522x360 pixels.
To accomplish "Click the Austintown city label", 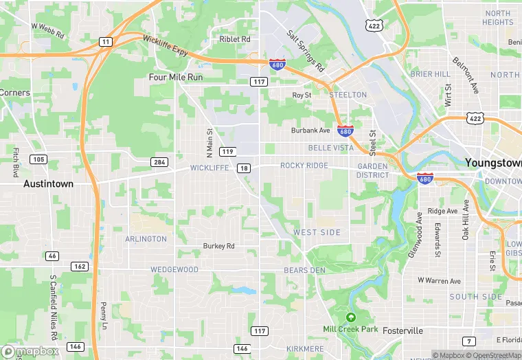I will point(48,184).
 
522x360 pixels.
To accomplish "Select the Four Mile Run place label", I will point(176,78).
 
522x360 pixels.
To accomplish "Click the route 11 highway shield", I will point(105,42).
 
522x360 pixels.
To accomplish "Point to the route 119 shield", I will point(228,151).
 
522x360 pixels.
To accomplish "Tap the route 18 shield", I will point(244,168).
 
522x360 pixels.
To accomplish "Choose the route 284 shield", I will point(159,162).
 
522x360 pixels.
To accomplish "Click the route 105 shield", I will point(38,159).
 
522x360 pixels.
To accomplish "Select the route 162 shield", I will point(79,267).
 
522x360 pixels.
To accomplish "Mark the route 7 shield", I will point(468,341).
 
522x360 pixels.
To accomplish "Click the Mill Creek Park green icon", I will point(351,317).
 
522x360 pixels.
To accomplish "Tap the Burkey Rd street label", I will point(218,246).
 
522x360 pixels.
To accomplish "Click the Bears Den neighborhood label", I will point(304,271).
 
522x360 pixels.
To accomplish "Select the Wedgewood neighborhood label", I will point(175,270).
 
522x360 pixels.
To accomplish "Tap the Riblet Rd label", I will point(235,40).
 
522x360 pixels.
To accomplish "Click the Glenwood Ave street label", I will point(415,235).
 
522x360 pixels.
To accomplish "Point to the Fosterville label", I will point(402,330).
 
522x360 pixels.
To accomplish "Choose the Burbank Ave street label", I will point(310,131).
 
